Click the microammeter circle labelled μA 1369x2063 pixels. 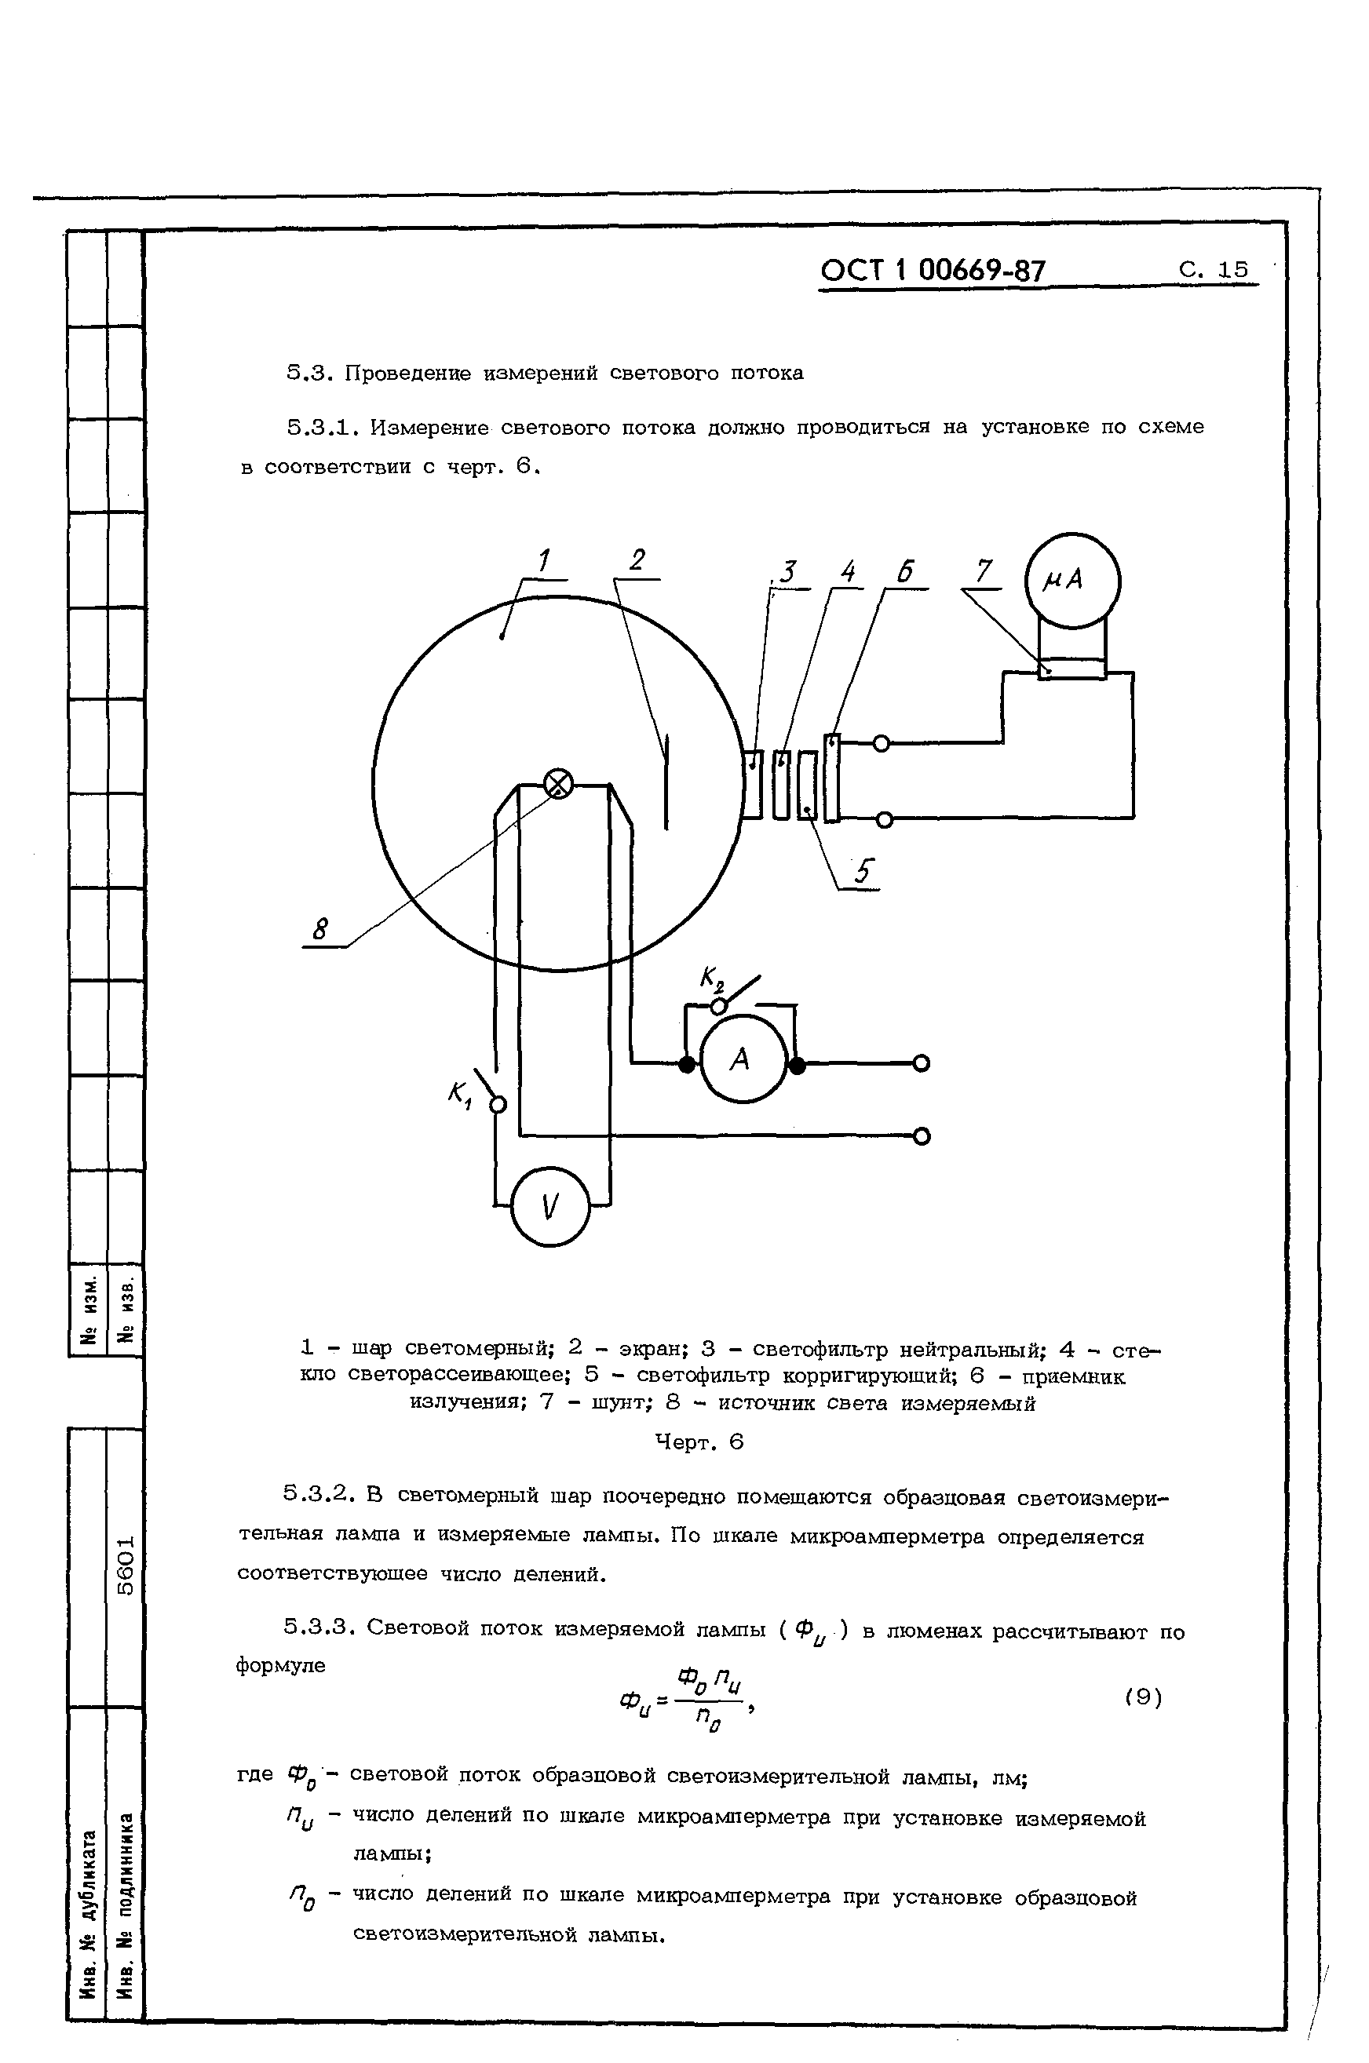tap(1072, 581)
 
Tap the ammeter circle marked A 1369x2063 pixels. tap(743, 1060)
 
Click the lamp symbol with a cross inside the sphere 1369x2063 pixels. tap(558, 784)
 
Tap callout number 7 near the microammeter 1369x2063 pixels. tap(984, 571)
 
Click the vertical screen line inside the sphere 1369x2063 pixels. tap(667, 781)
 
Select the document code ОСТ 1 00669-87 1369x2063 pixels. tap(932, 271)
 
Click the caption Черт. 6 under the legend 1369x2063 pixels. tap(699, 1442)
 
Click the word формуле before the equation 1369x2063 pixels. tap(280, 1665)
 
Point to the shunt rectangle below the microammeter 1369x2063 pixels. tap(1072, 669)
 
